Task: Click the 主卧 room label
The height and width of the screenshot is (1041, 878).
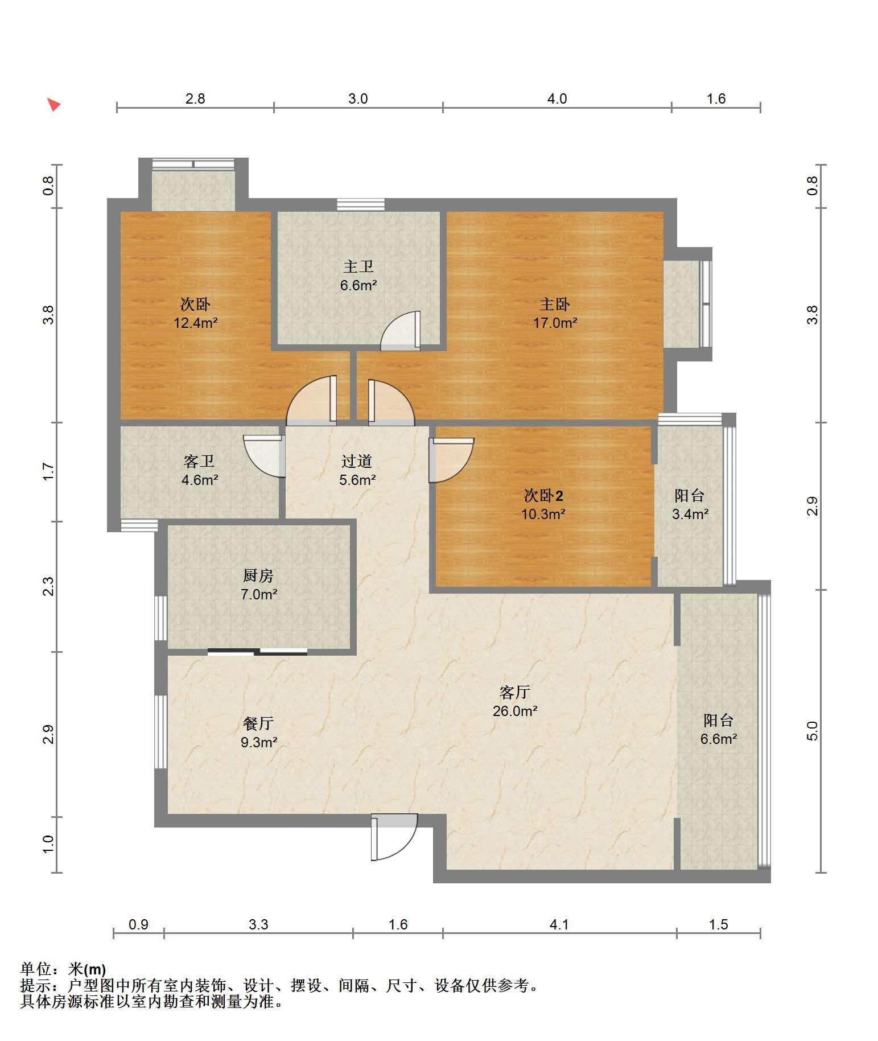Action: click(x=554, y=305)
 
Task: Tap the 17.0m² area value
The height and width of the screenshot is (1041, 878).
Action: click(x=555, y=323)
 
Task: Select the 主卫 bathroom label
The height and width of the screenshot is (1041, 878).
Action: click(x=358, y=266)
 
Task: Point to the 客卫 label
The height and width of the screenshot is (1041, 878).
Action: click(x=199, y=460)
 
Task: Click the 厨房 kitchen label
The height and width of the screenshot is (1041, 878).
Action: click(x=258, y=575)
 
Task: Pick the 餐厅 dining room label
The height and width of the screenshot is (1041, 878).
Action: click(x=258, y=723)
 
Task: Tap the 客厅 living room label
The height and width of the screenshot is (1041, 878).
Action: click(x=515, y=692)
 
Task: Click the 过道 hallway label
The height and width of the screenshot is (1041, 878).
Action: click(x=357, y=460)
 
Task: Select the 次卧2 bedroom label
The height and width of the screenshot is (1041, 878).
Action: click(x=543, y=495)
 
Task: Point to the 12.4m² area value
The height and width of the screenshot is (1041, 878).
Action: click(x=196, y=323)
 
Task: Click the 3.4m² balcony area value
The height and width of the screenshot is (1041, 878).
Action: click(x=690, y=514)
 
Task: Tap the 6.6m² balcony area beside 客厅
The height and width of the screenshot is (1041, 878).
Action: click(x=719, y=739)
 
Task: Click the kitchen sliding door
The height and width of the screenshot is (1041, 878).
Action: click(x=257, y=652)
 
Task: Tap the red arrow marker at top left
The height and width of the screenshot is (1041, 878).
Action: click(x=53, y=105)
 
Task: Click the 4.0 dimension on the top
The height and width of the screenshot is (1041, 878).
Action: click(x=557, y=98)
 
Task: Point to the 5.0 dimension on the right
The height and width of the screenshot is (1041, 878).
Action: click(x=813, y=730)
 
